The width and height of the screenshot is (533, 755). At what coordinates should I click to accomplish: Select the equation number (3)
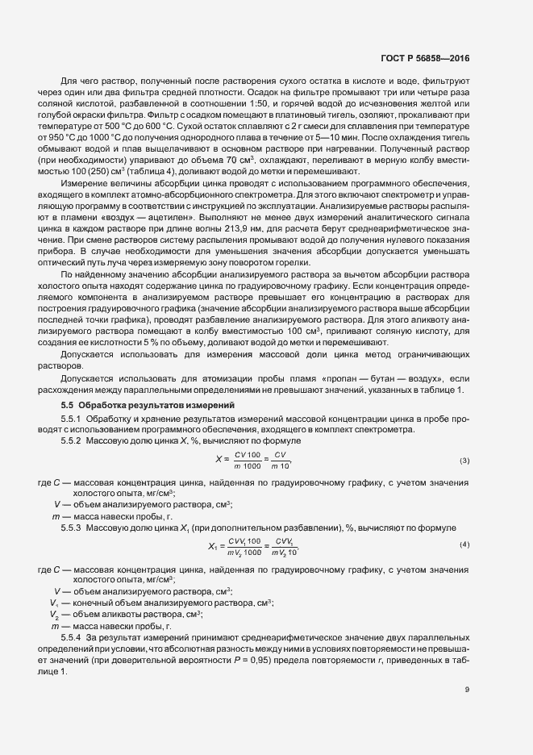coord(464,461)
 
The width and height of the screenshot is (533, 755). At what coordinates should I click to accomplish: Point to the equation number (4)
coord(464,544)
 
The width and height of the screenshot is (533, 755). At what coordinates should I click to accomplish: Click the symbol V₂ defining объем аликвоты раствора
coord(55,614)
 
